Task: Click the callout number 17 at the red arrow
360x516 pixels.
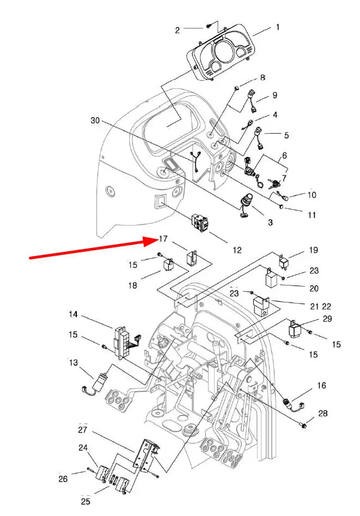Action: [163, 239]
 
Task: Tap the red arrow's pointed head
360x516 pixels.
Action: [157, 241]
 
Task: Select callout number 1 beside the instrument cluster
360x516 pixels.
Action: [278, 27]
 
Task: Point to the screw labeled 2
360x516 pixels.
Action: [208, 26]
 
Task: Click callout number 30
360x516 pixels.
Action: [95, 121]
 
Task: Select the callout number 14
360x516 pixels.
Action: [74, 314]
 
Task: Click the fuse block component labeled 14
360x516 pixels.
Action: [124, 343]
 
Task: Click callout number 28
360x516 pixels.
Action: [323, 414]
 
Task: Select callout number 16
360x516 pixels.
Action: [321, 385]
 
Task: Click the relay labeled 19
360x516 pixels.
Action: [283, 262]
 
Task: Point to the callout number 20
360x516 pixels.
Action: [314, 289]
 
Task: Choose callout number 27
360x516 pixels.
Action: [83, 430]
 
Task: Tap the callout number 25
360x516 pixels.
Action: [85, 501]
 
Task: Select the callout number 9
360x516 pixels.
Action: [275, 95]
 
